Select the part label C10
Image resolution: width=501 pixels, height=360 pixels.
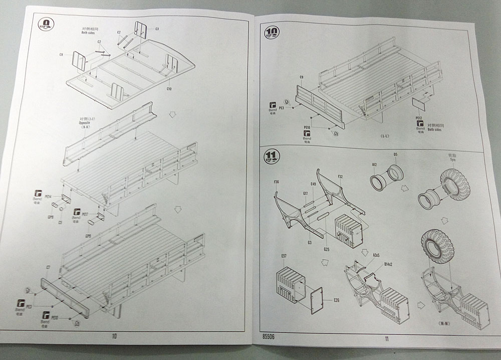click(169, 89)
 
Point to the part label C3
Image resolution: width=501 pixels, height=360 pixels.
click(157, 29)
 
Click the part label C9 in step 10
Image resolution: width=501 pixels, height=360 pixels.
click(302, 77)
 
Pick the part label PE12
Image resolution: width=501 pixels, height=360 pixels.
click(419, 118)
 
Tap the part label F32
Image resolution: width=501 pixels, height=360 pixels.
click(340, 176)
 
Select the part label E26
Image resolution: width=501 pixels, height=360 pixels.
click(336, 301)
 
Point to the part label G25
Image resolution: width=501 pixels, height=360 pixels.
click(326, 250)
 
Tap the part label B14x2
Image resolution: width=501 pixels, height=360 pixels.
click(388, 264)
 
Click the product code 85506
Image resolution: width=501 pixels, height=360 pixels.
click(269, 337)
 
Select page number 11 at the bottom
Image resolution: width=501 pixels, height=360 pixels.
click(387, 338)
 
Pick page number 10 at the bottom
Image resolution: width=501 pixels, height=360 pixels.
click(114, 336)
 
